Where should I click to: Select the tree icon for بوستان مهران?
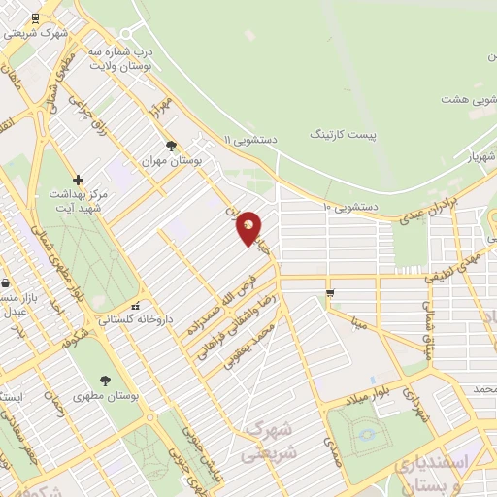pos(172,146)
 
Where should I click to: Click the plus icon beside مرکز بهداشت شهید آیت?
pos(78,180)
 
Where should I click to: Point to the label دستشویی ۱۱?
pos(251,140)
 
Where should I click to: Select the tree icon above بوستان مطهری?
pos(105,381)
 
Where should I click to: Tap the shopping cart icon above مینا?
pos(330,293)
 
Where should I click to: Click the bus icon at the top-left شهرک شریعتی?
pos(36,17)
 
